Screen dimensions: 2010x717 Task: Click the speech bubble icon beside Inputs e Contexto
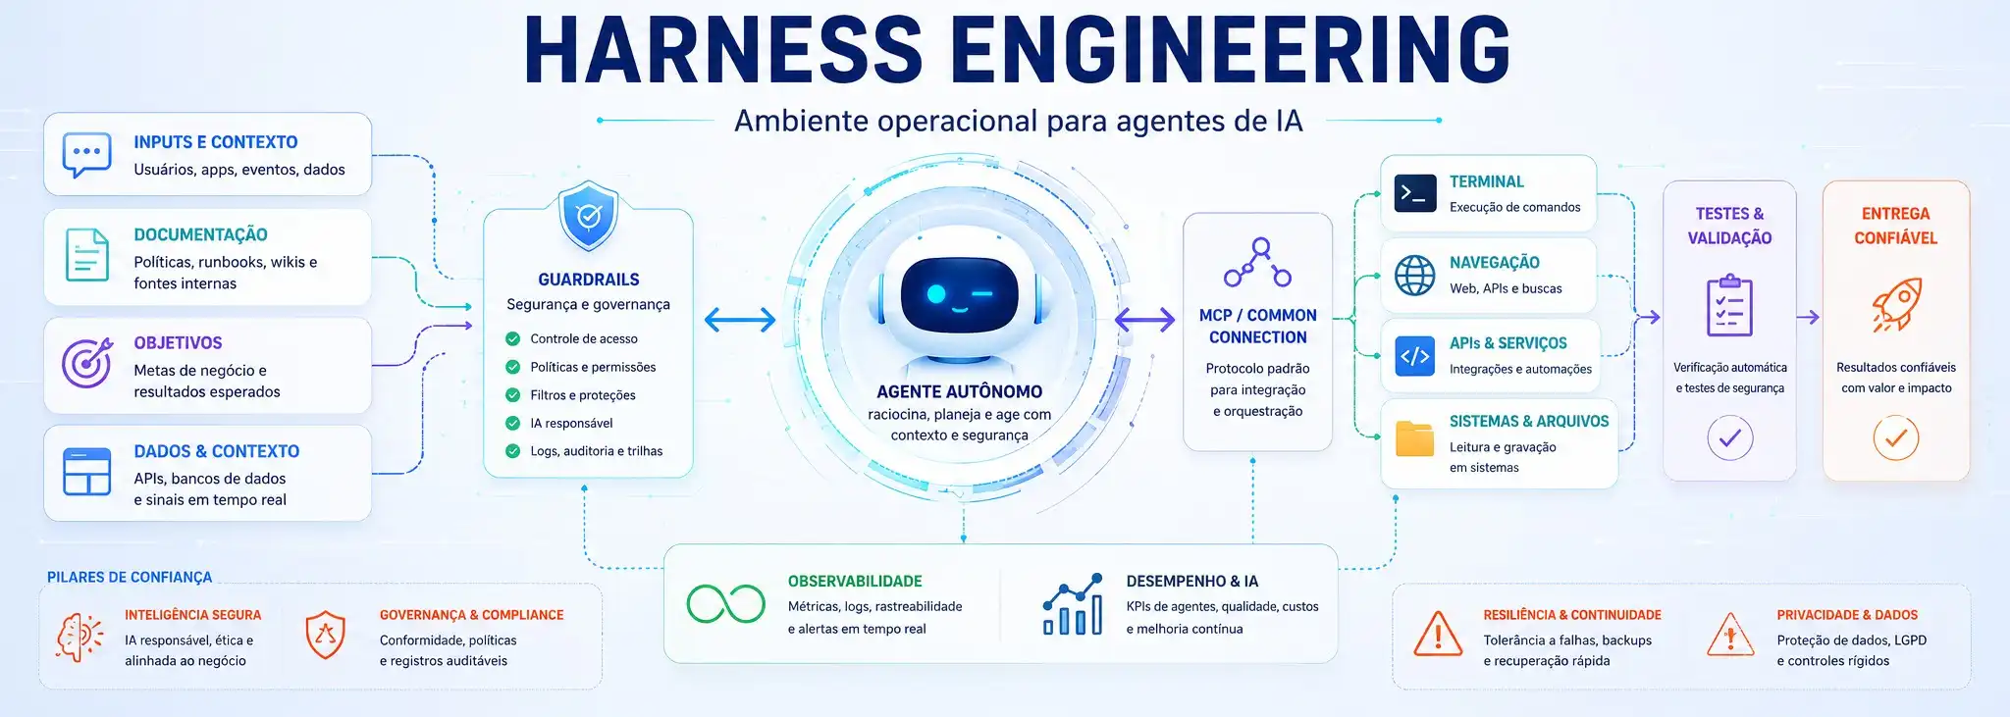pyautogui.click(x=86, y=155)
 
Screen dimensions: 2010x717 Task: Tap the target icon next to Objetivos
pyautogui.click(x=86, y=363)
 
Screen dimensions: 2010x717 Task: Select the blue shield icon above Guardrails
pyautogui.click(x=588, y=215)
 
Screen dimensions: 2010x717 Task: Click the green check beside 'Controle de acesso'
pyautogui.click(x=512, y=338)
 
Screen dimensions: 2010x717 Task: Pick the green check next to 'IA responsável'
pyautogui.click(x=512, y=423)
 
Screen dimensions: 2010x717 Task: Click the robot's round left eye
pyautogui.click(x=936, y=293)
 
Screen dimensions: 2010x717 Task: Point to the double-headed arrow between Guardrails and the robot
pyautogui.click(x=740, y=319)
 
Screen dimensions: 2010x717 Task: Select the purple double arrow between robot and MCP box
pyautogui.click(x=1145, y=319)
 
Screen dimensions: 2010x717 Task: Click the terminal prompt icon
pyautogui.click(x=1414, y=193)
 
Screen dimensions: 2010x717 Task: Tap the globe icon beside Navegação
pyautogui.click(x=1414, y=276)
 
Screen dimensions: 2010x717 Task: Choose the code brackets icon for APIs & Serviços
pyautogui.click(x=1414, y=356)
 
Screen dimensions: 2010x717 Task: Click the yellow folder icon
pyautogui.click(x=1414, y=438)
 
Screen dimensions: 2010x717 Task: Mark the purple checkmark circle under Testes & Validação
pyautogui.click(x=1729, y=437)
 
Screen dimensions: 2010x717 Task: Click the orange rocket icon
pyautogui.click(x=1896, y=304)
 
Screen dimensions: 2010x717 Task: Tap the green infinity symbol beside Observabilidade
pyautogui.click(x=725, y=604)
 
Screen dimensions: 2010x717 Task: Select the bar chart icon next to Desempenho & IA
pyautogui.click(x=1072, y=604)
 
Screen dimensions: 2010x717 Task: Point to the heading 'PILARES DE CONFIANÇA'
pyautogui.click(x=130, y=578)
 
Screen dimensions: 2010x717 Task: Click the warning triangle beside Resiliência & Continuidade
pyautogui.click(x=1438, y=634)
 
